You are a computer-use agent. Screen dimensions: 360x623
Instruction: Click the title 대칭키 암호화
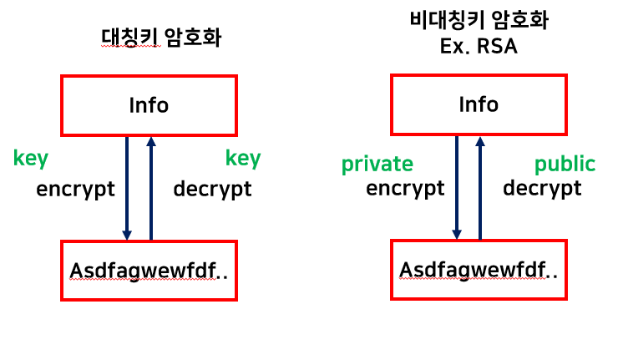point(160,38)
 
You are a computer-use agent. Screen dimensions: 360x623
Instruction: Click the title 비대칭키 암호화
point(479,21)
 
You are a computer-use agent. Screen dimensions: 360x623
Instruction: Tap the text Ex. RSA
point(479,46)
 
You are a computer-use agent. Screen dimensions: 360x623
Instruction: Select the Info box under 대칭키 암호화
point(149,105)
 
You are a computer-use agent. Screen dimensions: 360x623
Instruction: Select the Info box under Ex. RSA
point(479,104)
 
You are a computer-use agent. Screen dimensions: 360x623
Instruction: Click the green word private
point(377,164)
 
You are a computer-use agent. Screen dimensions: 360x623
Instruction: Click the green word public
point(565,164)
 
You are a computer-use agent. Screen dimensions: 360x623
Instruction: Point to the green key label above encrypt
point(30,158)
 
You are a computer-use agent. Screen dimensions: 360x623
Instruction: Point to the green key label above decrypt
point(243,158)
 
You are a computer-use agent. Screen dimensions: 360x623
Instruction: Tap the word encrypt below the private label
point(405,188)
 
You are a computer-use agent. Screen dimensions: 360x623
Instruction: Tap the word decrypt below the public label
point(542,188)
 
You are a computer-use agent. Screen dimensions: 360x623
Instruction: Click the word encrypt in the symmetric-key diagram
point(75,189)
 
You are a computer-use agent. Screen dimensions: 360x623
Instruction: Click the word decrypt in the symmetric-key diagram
point(212,189)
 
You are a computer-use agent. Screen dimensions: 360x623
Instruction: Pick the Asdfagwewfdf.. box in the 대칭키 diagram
point(149,271)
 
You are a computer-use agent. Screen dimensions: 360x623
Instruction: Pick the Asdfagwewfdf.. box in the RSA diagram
point(479,270)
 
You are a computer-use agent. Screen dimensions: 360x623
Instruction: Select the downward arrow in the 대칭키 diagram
point(127,188)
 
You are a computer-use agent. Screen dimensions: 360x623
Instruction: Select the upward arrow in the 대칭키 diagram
point(150,188)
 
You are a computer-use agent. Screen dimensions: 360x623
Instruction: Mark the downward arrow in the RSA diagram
point(457,188)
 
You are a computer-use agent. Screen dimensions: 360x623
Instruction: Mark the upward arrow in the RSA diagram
point(480,188)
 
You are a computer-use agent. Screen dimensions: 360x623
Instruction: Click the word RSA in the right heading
point(499,46)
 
